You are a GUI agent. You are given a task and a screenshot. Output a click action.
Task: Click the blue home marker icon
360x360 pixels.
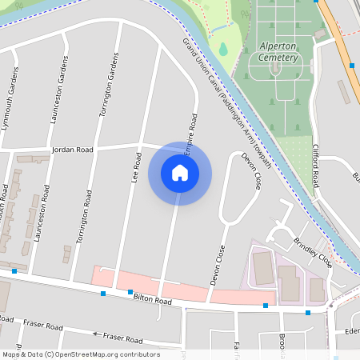tap(180, 172)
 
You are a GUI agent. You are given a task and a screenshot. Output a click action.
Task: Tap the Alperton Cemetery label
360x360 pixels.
tap(278, 51)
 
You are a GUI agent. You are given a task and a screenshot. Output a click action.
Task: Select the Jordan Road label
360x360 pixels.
tap(72, 150)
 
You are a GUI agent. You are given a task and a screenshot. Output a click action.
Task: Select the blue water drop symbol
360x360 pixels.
tap(222, 49)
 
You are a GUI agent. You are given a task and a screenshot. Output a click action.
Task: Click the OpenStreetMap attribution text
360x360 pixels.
tap(81, 354)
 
